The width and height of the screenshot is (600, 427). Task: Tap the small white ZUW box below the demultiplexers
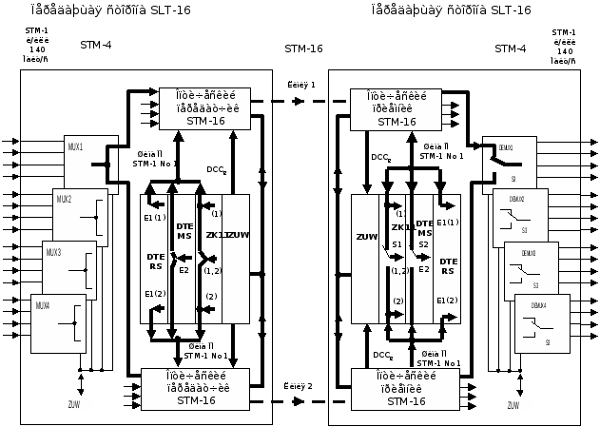(513, 405)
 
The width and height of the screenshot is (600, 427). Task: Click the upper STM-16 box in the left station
(196, 108)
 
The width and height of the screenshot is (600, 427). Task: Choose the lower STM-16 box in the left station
(196, 388)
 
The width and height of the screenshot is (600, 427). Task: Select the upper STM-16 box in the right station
(397, 108)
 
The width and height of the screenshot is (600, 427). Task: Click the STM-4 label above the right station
(510, 49)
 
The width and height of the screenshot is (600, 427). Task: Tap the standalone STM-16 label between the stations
(304, 49)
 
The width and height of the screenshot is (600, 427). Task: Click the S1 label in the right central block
(397, 244)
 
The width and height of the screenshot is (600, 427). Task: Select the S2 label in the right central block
(424, 244)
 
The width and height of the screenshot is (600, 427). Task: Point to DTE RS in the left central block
(155, 263)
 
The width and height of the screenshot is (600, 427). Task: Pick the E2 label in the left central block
(184, 270)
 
